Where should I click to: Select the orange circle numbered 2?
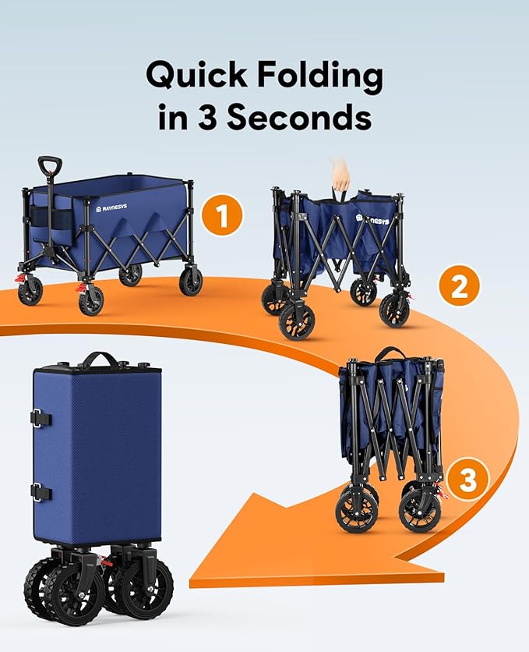click(459, 287)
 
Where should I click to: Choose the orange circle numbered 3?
click(467, 480)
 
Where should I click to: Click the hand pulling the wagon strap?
click(340, 173)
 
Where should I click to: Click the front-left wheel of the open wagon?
click(90, 299)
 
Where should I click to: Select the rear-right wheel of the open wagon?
click(191, 281)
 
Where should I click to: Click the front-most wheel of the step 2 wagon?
click(296, 321)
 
